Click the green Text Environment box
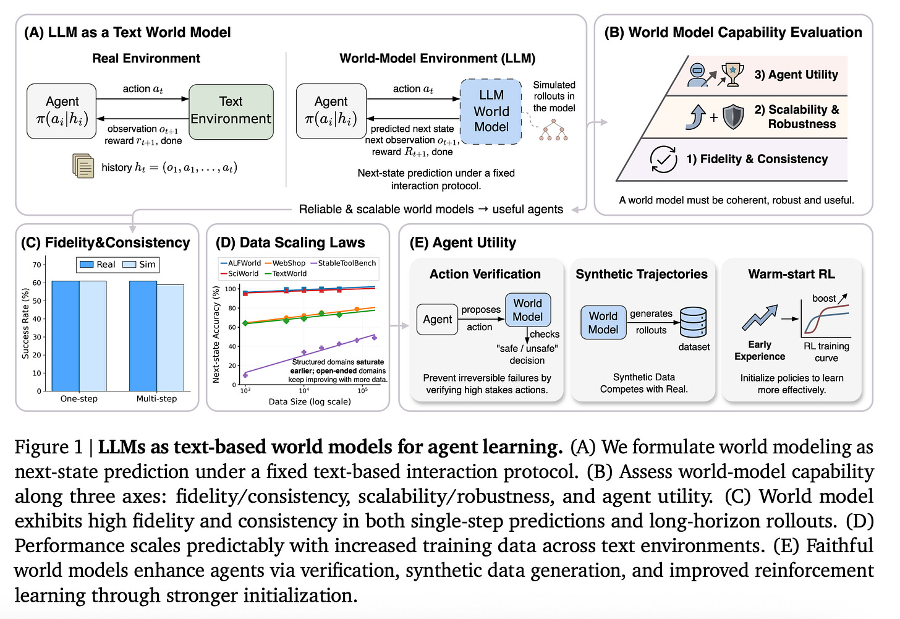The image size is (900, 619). pos(231,111)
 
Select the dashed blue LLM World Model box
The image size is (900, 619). pos(491,111)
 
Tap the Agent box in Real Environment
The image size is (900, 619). pos(62,111)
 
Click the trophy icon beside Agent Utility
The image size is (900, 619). pos(732,73)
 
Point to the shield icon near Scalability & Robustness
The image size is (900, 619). pos(733,116)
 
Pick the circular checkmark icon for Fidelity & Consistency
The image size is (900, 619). pos(663,159)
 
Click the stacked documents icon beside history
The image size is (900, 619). pos(83,166)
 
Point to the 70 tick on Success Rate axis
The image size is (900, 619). pos(37,265)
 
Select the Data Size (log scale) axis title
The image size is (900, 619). pos(310,401)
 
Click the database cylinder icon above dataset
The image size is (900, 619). pos(693,322)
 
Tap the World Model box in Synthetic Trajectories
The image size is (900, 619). pos(603,323)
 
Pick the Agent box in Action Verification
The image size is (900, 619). pos(437,319)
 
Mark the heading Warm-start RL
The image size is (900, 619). pos(791,274)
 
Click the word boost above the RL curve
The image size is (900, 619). pos(824,298)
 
